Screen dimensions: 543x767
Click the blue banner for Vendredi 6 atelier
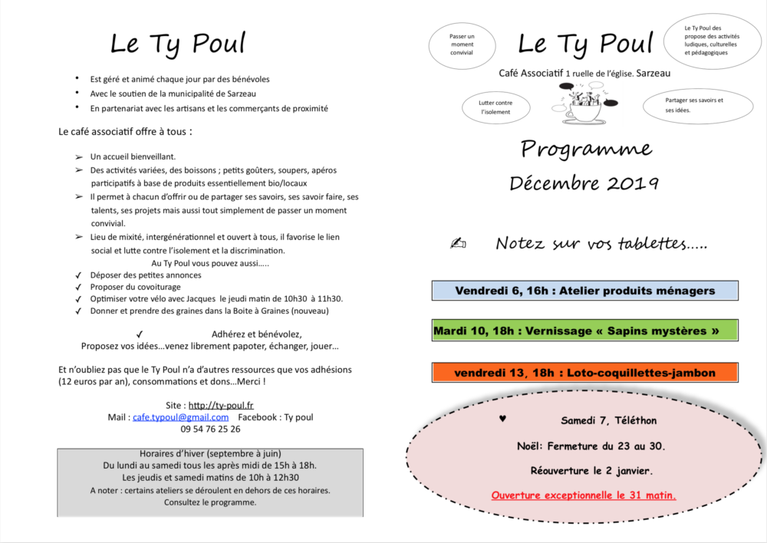(584, 291)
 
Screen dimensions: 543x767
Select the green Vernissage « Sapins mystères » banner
(584, 331)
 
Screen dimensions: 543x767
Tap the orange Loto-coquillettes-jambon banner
(584, 373)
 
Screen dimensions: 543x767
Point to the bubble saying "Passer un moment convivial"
(462, 44)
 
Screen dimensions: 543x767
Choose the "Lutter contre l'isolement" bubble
(495, 107)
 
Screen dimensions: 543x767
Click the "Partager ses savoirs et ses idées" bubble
(696, 105)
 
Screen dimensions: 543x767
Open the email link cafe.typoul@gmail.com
(180, 417)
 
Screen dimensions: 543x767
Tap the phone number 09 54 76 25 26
(210, 429)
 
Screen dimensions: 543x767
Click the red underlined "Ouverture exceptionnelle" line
(584, 495)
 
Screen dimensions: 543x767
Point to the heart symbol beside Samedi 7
(502, 419)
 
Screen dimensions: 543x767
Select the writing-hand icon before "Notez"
(458, 244)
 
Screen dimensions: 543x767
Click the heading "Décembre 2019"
(584, 183)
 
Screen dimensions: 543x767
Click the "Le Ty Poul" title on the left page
(177, 43)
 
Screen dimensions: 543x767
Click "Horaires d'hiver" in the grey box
(209, 452)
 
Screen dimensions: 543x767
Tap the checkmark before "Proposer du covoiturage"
(78, 287)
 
